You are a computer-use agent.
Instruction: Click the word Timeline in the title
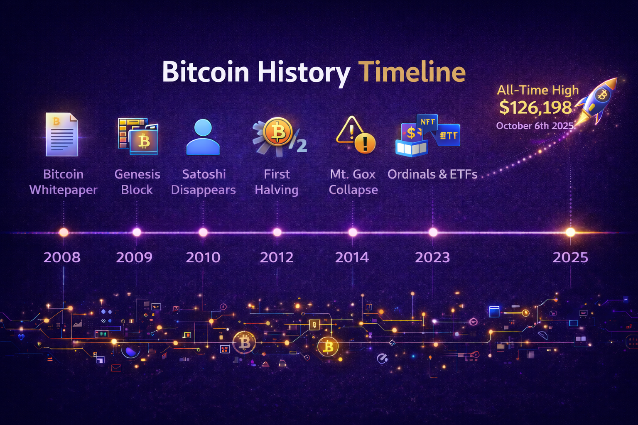click(x=412, y=72)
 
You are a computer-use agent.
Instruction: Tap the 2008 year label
click(x=62, y=257)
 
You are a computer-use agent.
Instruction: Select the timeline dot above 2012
click(x=277, y=232)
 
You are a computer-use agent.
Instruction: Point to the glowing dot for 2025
click(x=570, y=232)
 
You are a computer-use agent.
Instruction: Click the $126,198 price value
click(x=535, y=107)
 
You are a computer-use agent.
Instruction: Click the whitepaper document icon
click(x=62, y=134)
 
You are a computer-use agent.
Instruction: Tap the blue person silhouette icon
click(x=203, y=137)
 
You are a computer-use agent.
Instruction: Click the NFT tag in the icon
click(x=427, y=122)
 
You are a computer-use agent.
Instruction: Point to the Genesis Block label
click(x=137, y=182)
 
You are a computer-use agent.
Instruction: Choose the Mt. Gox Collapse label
click(x=353, y=182)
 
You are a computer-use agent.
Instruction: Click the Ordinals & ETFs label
click(x=432, y=174)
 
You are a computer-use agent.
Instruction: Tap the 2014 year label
click(x=352, y=257)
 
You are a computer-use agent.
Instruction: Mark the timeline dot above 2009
click(x=137, y=232)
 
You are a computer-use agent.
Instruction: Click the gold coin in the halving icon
click(x=278, y=132)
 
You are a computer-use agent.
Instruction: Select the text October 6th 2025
click(x=535, y=126)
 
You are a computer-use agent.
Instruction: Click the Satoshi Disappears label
click(x=204, y=182)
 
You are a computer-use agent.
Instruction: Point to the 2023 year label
click(x=432, y=257)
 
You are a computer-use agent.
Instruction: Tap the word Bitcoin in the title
click(x=206, y=72)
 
